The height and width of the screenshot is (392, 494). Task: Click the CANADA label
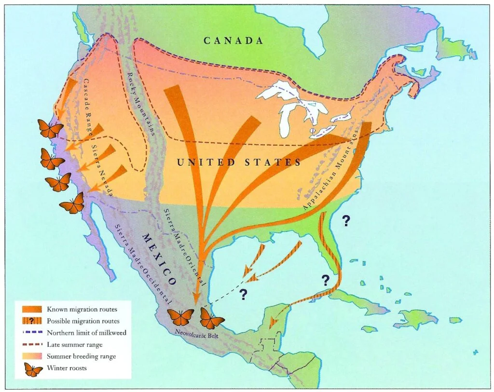pos(233,41)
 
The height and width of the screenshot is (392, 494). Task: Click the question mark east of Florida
pos(345,221)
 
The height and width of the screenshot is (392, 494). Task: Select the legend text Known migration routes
pos(82,309)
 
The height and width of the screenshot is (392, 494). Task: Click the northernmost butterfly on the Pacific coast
pos(50,129)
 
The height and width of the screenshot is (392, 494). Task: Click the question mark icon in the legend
pos(32,321)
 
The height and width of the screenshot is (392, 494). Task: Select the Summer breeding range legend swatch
pos(32,357)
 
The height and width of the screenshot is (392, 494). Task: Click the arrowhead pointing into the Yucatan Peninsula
pos(273,322)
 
